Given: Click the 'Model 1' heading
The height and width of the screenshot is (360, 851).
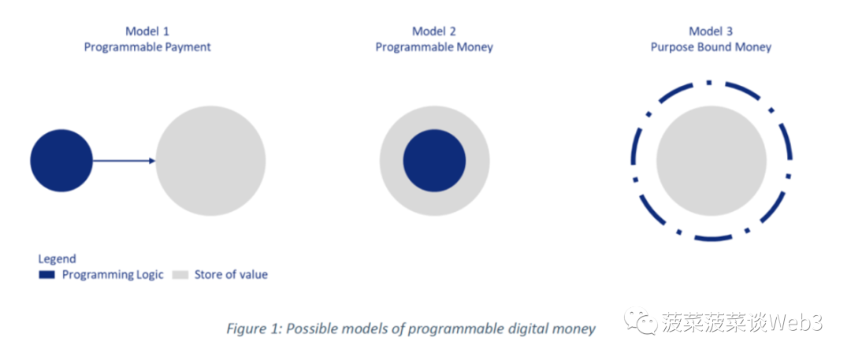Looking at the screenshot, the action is pos(147,31).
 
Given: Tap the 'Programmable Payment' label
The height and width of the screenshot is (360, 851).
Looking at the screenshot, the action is pos(147,47).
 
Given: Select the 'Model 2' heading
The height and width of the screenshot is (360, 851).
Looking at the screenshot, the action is pos(434,31).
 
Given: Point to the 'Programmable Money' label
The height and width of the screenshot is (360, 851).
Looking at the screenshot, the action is pos(434,47).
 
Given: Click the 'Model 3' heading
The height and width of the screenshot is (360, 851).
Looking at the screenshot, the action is pos(711,31).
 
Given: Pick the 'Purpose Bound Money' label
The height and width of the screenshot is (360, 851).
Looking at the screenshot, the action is pos(711,47).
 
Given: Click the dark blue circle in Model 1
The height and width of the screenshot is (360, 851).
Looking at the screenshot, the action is pos(61,161).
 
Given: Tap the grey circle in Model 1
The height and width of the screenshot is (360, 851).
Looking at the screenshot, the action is pos(210,161).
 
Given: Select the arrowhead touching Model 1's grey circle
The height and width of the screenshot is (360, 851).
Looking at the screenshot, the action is pos(152,161).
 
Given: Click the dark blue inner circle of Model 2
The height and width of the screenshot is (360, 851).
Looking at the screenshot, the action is pos(434,161).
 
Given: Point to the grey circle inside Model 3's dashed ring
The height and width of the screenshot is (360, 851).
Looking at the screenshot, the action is pos(711,161).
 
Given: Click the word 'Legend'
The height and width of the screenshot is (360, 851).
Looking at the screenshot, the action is pos(57,259).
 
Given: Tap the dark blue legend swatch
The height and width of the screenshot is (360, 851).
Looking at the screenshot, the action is pos(47,275).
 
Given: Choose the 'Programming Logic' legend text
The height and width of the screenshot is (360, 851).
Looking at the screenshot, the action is pos(113,275).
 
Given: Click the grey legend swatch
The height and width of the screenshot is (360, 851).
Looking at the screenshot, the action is pos(180,275).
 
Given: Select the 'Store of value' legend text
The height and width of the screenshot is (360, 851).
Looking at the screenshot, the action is pos(231,275).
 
